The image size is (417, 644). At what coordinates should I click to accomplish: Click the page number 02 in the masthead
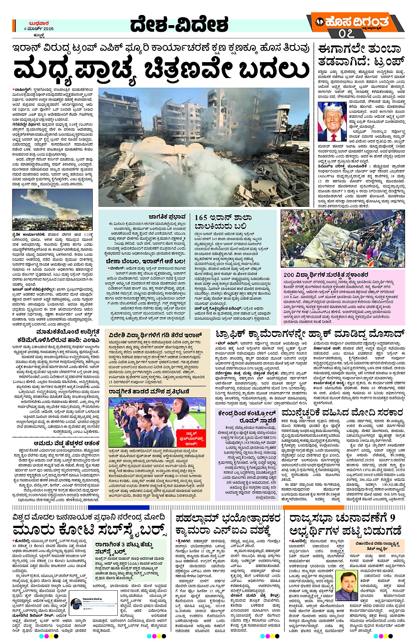point(346,34)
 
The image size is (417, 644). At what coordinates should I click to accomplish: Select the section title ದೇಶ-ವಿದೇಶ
point(179,25)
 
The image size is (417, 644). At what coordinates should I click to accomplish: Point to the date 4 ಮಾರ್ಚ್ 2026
point(39,29)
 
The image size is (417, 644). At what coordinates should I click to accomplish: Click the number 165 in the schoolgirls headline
point(201,217)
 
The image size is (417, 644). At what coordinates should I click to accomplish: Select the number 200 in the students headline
point(289,274)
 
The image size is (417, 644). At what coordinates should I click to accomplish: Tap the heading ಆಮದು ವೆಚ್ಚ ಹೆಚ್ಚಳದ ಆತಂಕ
point(67,443)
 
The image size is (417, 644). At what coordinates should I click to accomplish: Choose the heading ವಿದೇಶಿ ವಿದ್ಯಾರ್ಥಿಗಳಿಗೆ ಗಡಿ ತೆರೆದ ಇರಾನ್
point(155,336)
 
